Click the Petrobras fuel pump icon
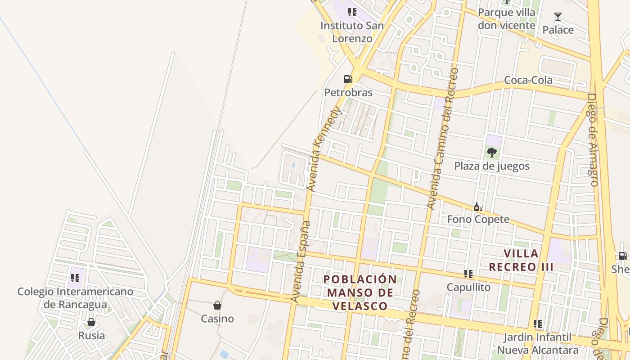(x=348, y=79)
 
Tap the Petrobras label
(x=348, y=93)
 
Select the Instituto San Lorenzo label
(x=352, y=32)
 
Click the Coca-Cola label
(x=528, y=80)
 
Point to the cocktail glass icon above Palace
(x=558, y=17)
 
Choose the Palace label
(x=558, y=30)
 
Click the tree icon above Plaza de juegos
(x=491, y=153)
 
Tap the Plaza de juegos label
(x=491, y=166)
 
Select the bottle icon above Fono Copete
(x=478, y=207)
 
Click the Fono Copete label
(x=478, y=219)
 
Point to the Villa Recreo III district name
(x=521, y=260)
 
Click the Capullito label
(x=468, y=287)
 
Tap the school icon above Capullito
(x=468, y=274)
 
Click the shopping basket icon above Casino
(x=217, y=306)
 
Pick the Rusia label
(x=91, y=335)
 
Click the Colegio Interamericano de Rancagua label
(x=75, y=298)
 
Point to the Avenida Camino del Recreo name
(x=442, y=139)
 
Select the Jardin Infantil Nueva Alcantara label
(x=537, y=343)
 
